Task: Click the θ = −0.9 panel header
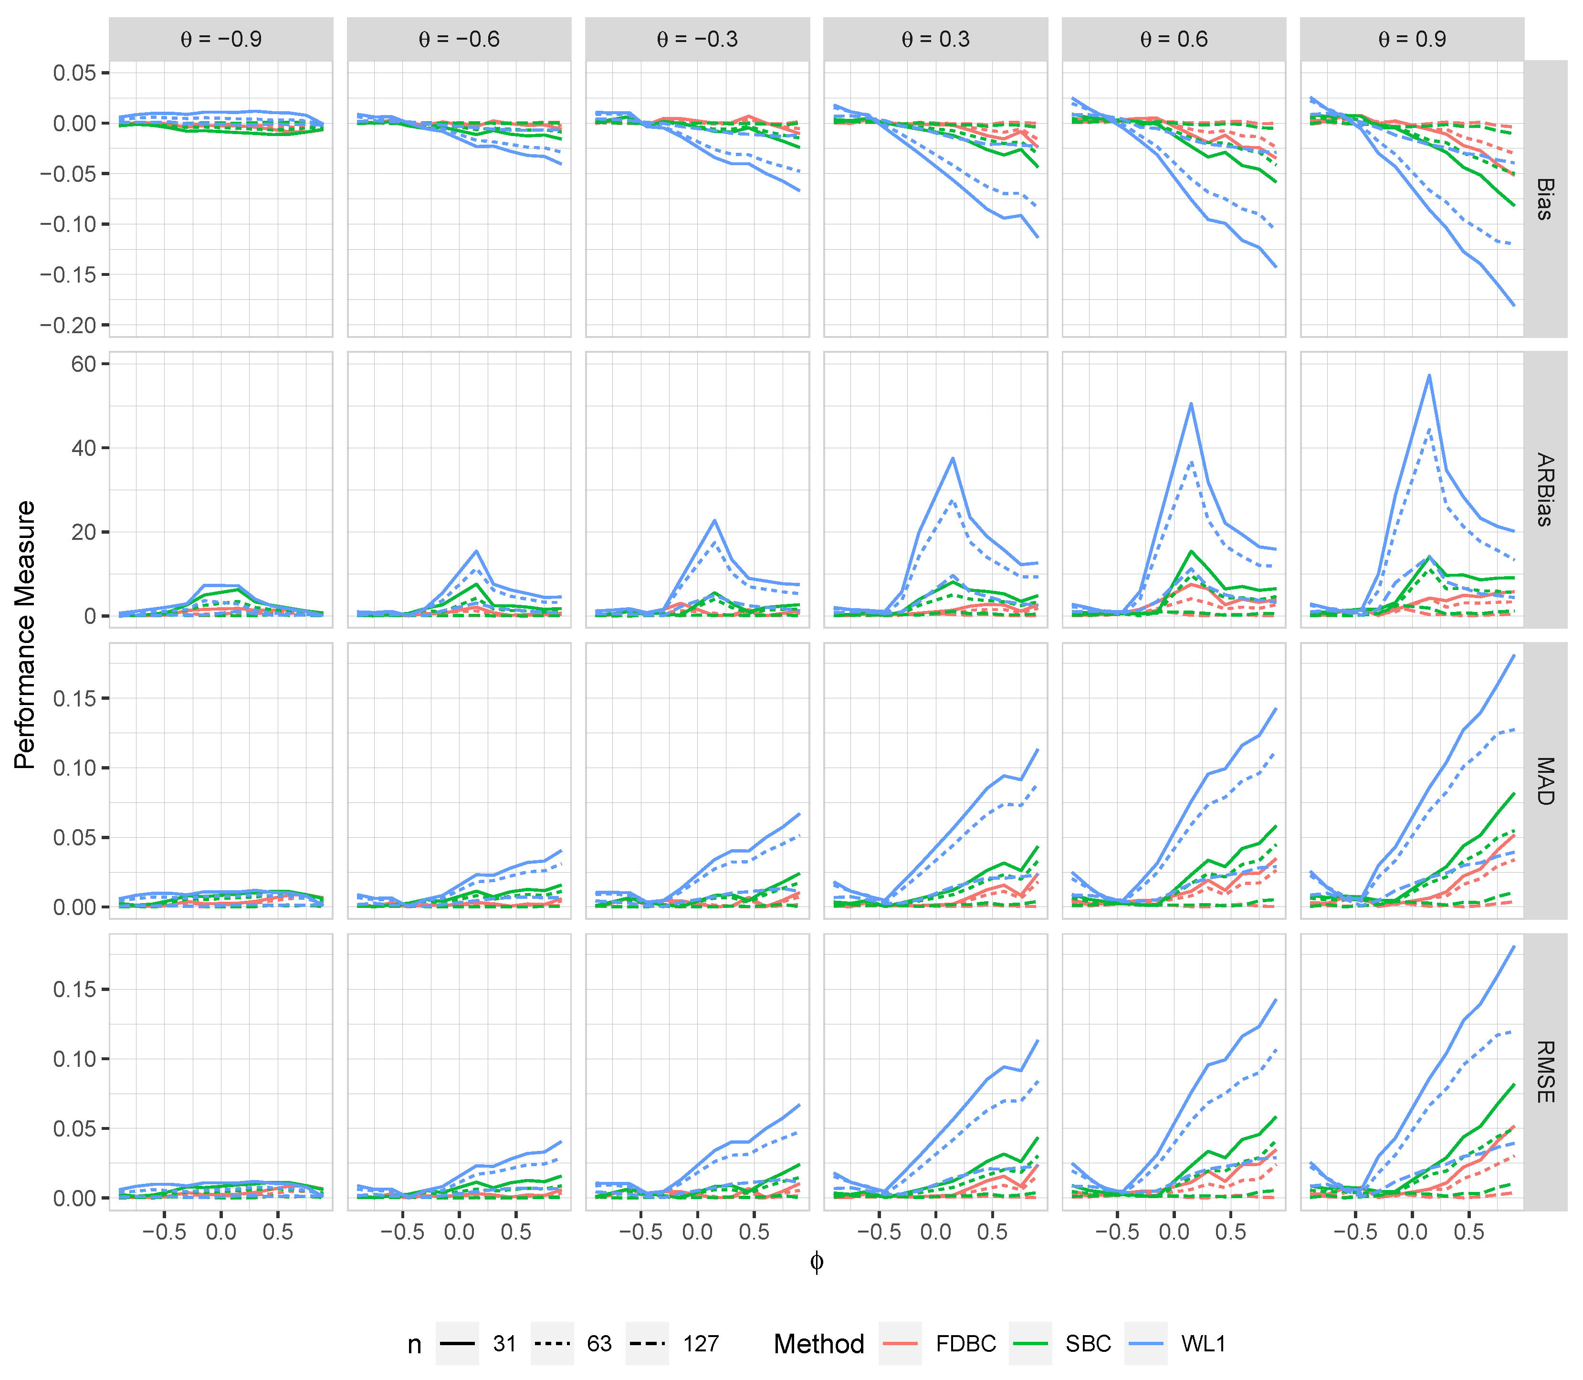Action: (x=221, y=39)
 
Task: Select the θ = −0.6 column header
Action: (x=459, y=39)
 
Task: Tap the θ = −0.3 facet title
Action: (x=698, y=39)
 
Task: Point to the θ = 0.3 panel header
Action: (x=935, y=39)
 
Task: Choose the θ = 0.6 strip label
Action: (x=1174, y=39)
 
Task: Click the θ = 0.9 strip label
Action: (x=1412, y=39)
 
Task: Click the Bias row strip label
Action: (x=1544, y=199)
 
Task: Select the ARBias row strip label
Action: (x=1544, y=490)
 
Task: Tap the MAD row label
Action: (x=1544, y=781)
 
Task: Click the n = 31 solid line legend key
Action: (x=457, y=1344)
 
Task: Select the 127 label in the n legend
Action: (x=701, y=1344)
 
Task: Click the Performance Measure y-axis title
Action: (x=25, y=635)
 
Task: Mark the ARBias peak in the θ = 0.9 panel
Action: (x=1429, y=376)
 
